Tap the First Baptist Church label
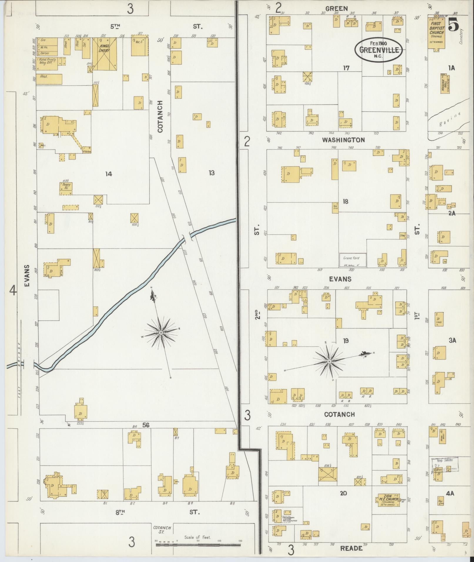click(x=436, y=28)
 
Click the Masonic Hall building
click(x=445, y=83)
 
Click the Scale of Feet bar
click(x=198, y=545)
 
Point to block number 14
click(x=108, y=174)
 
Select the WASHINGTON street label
click(x=343, y=140)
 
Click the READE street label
click(x=351, y=548)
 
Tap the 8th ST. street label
click(x=120, y=512)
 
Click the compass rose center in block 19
click(x=329, y=361)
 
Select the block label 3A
click(x=452, y=340)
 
